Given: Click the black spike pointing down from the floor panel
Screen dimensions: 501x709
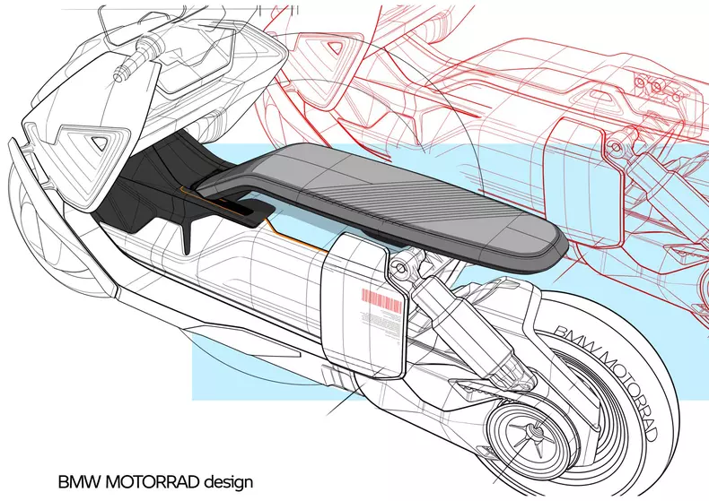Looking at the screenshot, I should [187, 236].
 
